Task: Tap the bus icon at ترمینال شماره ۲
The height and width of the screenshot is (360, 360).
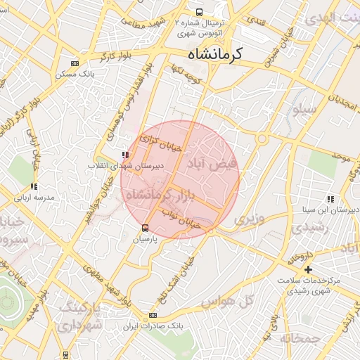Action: coord(200,12)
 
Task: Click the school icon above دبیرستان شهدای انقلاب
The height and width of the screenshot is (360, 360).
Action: coord(125,155)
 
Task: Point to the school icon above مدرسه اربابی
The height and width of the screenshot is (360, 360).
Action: coord(33,187)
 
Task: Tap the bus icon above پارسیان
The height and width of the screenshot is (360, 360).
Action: coord(146,228)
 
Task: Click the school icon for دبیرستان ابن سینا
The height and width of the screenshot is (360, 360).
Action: coord(330,200)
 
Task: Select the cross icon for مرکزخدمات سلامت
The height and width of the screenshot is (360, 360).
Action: coord(308,270)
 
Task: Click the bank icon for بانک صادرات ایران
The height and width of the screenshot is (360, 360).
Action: coord(153,316)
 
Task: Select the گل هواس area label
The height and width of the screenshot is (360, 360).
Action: coord(226,301)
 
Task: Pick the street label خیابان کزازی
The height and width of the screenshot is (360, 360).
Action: coord(162,143)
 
